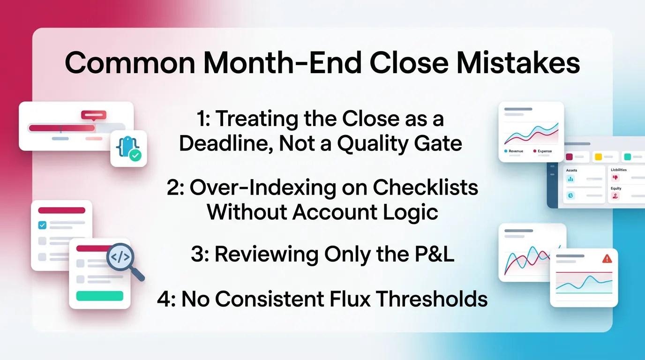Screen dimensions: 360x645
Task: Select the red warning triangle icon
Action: click(607, 259)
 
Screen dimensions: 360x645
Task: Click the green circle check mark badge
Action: click(135, 156)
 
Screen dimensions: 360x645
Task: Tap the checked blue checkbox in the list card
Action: click(42, 225)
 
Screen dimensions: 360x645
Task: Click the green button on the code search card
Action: click(99, 296)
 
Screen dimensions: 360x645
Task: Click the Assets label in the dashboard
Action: click(572, 171)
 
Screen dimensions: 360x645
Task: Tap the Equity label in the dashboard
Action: click(616, 188)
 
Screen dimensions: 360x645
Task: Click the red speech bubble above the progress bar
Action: click(94, 115)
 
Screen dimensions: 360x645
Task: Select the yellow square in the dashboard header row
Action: click(598, 157)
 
